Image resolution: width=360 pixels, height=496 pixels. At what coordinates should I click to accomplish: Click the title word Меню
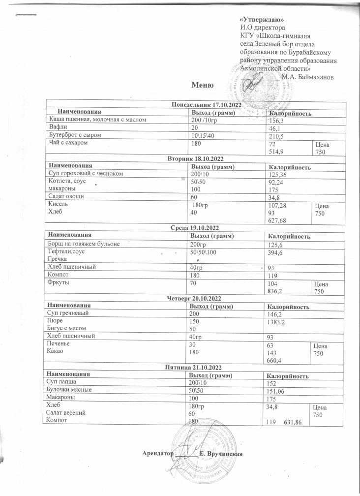click(203, 86)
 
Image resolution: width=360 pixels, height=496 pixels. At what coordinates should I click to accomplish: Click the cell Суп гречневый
click(68, 312)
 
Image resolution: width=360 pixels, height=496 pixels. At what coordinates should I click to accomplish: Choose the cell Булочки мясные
click(68, 389)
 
